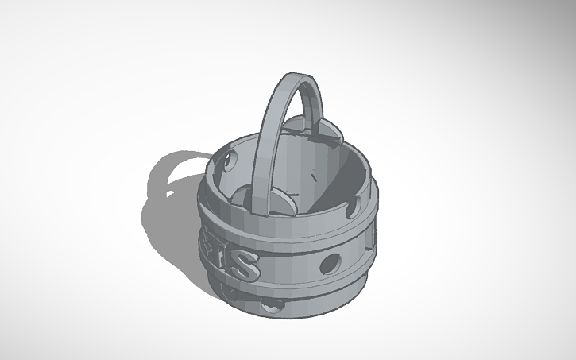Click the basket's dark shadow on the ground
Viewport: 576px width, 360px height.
click(171, 223)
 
